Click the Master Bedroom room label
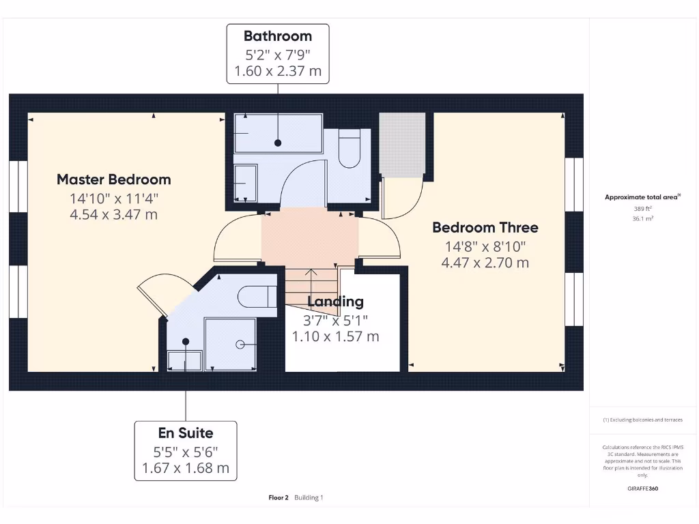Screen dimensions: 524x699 113,179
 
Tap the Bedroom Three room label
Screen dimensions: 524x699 485,227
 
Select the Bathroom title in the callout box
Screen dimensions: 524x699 277,36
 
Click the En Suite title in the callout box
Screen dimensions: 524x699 186,433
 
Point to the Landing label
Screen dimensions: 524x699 335,302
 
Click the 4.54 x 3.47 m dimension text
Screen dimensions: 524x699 113,215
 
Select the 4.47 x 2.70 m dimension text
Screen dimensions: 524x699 485,263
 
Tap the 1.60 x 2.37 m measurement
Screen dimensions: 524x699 277,71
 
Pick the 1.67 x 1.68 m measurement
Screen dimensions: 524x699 186,469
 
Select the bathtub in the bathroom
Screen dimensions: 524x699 277,133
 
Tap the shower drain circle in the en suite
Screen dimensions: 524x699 240,345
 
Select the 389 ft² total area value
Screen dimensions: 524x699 642,209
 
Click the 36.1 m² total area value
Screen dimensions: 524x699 642,219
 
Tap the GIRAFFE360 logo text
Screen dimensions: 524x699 642,489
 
